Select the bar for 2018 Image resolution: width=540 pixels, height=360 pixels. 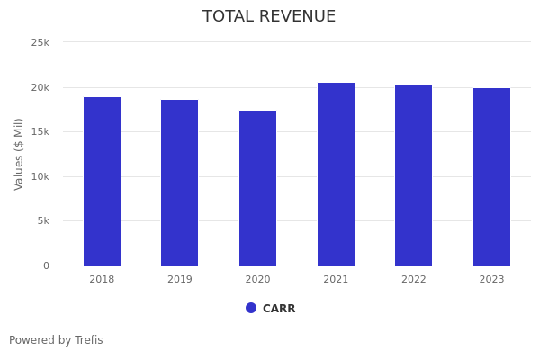coord(102,181)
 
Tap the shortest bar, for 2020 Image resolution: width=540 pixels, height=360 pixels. coord(257,188)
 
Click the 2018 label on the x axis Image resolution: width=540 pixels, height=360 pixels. coord(102,280)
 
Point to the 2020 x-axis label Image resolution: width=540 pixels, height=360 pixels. coord(257,280)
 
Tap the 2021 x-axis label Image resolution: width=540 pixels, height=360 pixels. coord(336,280)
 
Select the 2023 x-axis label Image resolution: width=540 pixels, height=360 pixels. coord(491,280)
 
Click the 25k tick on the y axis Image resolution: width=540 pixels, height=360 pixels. coord(40,42)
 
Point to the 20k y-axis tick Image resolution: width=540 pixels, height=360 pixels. coord(40,87)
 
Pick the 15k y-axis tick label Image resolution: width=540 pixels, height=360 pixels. coord(40,131)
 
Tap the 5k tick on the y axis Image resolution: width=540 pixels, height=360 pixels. coord(43,220)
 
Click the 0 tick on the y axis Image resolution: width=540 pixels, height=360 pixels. coord(46,265)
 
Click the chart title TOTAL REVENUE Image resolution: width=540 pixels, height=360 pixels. coord(269,17)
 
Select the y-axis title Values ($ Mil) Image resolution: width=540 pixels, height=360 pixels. coord(19,154)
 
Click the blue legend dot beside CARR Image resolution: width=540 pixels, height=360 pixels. coord(251,308)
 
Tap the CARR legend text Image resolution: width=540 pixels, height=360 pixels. coord(279,309)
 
